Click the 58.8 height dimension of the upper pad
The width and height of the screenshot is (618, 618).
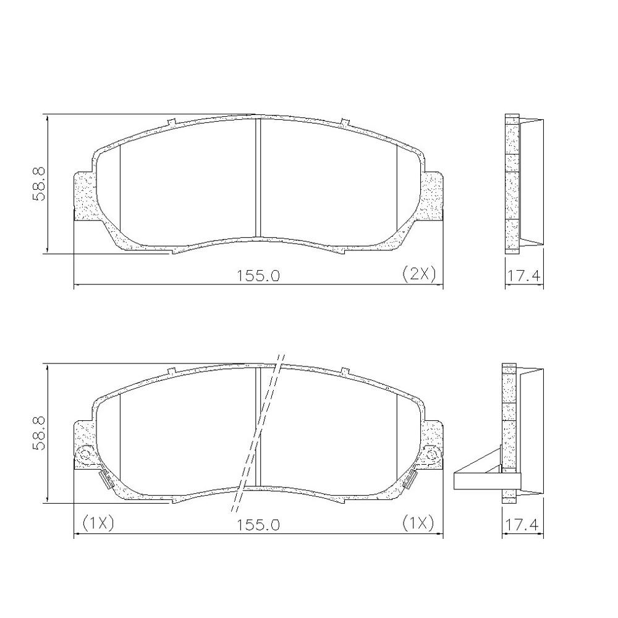click(x=39, y=184)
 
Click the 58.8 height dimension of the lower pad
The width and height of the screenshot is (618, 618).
click(x=39, y=433)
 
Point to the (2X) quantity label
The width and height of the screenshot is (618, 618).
click(x=419, y=273)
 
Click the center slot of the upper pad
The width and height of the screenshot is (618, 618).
click(x=258, y=177)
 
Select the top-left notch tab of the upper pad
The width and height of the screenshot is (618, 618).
click(x=172, y=122)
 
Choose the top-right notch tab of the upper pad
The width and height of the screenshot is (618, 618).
click(x=345, y=122)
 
